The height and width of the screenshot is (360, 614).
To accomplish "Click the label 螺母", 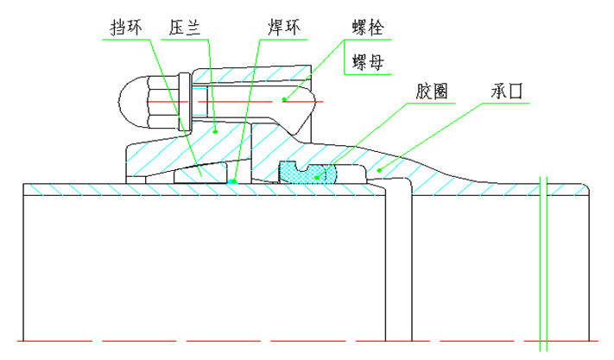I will click(367, 62).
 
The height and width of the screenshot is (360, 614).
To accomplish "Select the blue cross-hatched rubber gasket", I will click(312, 174).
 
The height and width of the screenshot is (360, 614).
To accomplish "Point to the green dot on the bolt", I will click(284, 100).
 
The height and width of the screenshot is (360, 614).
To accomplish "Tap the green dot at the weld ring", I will click(235, 182).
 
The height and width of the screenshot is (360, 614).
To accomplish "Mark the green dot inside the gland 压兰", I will click(215, 131).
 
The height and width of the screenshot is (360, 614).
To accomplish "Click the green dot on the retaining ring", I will click(201, 171).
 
